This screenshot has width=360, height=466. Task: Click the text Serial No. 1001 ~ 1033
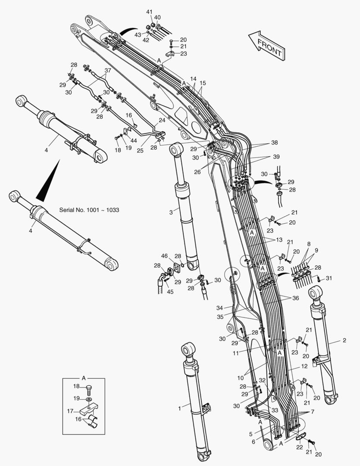89,210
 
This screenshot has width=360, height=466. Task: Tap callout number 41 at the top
149,12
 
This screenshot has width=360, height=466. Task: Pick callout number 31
329,278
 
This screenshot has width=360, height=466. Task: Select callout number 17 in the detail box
70,411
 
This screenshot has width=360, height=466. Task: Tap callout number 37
107,70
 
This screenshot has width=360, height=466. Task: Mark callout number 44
134,141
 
